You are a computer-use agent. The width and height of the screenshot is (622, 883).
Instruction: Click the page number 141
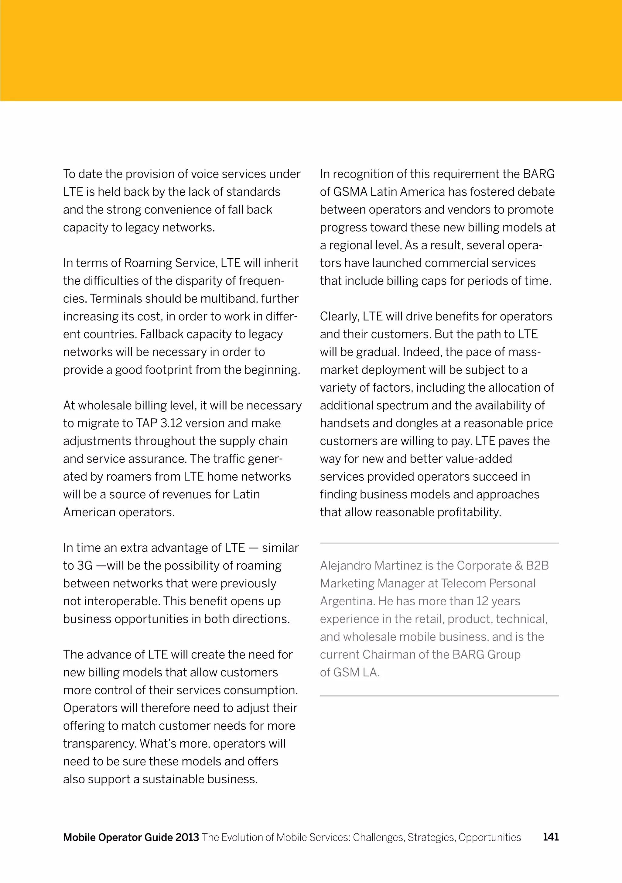551,837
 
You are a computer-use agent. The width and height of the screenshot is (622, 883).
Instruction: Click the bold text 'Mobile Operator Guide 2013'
131,837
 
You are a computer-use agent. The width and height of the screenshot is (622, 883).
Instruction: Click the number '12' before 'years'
482,601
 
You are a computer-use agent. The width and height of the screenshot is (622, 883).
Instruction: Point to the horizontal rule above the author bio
439,543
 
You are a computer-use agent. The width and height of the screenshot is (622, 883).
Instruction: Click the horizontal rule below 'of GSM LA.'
439,696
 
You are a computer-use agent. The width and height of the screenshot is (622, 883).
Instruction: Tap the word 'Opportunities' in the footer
489,837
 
